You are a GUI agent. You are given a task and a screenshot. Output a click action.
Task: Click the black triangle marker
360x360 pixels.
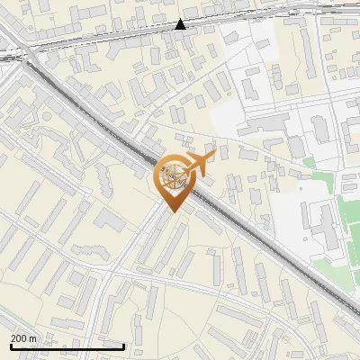pos(181,24)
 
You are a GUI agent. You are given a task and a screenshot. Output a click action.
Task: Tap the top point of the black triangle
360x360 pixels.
pos(181,19)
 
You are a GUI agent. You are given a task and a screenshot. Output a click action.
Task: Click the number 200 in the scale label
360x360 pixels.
pos(19,338)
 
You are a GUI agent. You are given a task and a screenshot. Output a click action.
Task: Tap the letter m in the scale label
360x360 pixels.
pos(33,338)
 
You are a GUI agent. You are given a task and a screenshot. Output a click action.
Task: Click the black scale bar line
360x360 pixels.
pos(67,346)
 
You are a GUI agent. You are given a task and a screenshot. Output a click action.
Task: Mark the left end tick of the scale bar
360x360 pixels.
pos(11,346)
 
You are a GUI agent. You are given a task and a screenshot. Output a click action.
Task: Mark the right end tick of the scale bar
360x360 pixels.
pos(123,346)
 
